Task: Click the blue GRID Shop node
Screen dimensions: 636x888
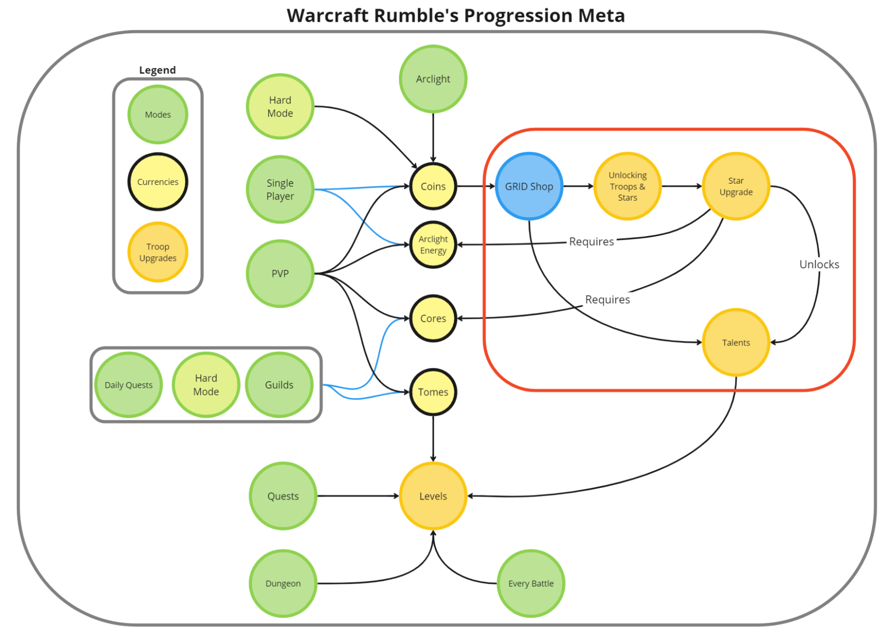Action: click(529, 186)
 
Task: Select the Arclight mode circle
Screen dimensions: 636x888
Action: click(433, 79)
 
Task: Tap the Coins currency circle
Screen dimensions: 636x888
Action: click(433, 186)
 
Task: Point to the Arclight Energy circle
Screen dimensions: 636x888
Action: click(433, 245)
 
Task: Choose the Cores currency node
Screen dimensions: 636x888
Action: click(433, 318)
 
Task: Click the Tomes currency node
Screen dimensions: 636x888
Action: click(433, 392)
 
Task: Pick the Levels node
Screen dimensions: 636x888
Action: click(433, 496)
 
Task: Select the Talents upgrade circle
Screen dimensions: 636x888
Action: click(736, 342)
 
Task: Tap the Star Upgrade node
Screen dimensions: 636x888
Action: click(736, 186)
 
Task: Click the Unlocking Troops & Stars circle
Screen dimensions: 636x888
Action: click(627, 186)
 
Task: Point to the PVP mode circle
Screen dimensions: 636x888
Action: click(280, 274)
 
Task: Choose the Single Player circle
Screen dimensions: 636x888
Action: click(280, 189)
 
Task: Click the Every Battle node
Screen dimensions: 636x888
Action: click(531, 584)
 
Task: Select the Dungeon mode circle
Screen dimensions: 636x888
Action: click(283, 584)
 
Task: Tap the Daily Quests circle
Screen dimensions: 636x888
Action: click(128, 385)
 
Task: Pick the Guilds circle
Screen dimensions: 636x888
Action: click(279, 385)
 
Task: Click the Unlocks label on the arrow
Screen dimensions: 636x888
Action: click(819, 265)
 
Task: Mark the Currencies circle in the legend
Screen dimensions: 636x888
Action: click(158, 182)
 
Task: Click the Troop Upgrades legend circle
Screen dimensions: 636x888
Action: click(158, 252)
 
